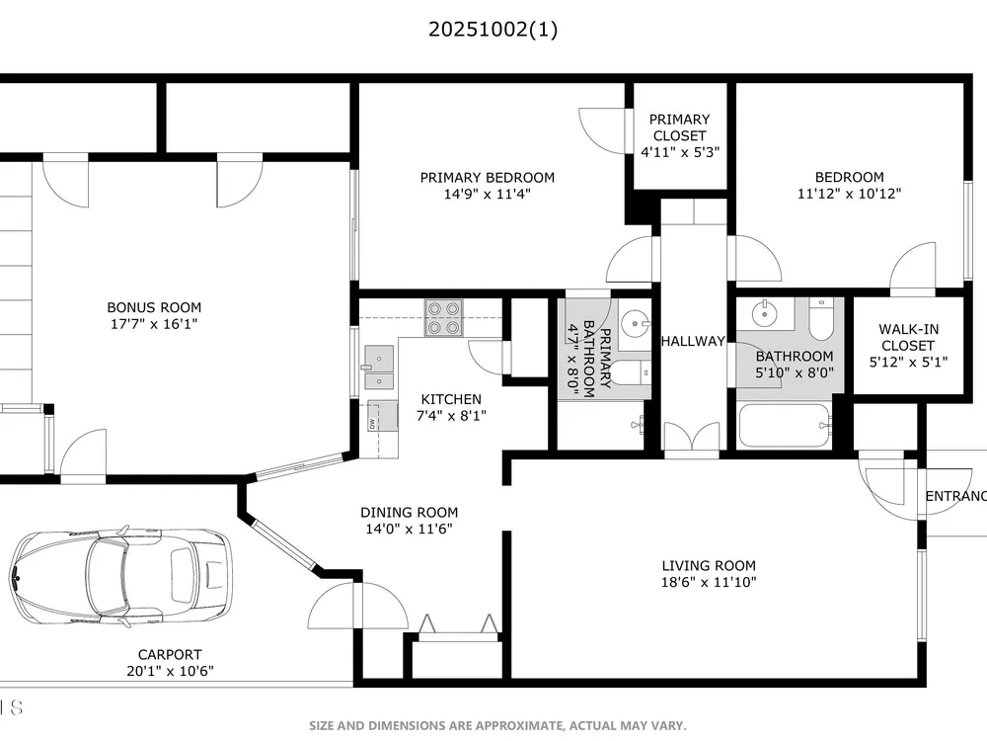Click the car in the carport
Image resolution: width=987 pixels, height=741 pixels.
pyautogui.click(x=120, y=577)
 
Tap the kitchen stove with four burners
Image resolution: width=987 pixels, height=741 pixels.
pyautogui.click(x=444, y=317)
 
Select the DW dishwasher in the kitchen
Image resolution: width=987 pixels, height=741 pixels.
pyautogui.click(x=382, y=416)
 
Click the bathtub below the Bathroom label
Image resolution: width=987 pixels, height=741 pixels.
pyautogui.click(x=785, y=425)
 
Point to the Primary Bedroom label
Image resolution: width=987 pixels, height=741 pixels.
pyautogui.click(x=488, y=178)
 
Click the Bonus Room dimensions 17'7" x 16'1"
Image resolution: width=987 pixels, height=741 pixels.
pyautogui.click(x=154, y=324)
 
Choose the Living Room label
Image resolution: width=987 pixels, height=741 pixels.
pyautogui.click(x=709, y=566)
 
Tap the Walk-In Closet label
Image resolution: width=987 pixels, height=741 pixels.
pyautogui.click(x=908, y=337)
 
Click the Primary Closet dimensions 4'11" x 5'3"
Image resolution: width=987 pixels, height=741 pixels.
pyautogui.click(x=680, y=152)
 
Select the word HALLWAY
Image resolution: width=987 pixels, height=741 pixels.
pyautogui.click(x=693, y=341)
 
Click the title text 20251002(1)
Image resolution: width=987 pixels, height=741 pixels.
pyautogui.click(x=493, y=29)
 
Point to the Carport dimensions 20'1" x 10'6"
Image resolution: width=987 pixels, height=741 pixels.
pyautogui.click(x=170, y=671)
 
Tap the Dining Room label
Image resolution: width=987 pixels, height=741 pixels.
pyautogui.click(x=410, y=512)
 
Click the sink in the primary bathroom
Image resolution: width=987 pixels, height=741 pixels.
pyautogui.click(x=635, y=324)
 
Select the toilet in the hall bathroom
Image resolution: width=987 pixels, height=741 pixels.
pyautogui.click(x=821, y=319)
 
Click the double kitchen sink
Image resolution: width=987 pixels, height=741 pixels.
pyautogui.click(x=380, y=367)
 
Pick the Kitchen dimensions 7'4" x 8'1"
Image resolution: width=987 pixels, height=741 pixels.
pyautogui.click(x=451, y=415)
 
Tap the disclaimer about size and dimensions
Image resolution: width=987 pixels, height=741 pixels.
pyautogui.click(x=497, y=726)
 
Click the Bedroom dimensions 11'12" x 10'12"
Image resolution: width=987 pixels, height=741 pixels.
pyautogui.click(x=849, y=194)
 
